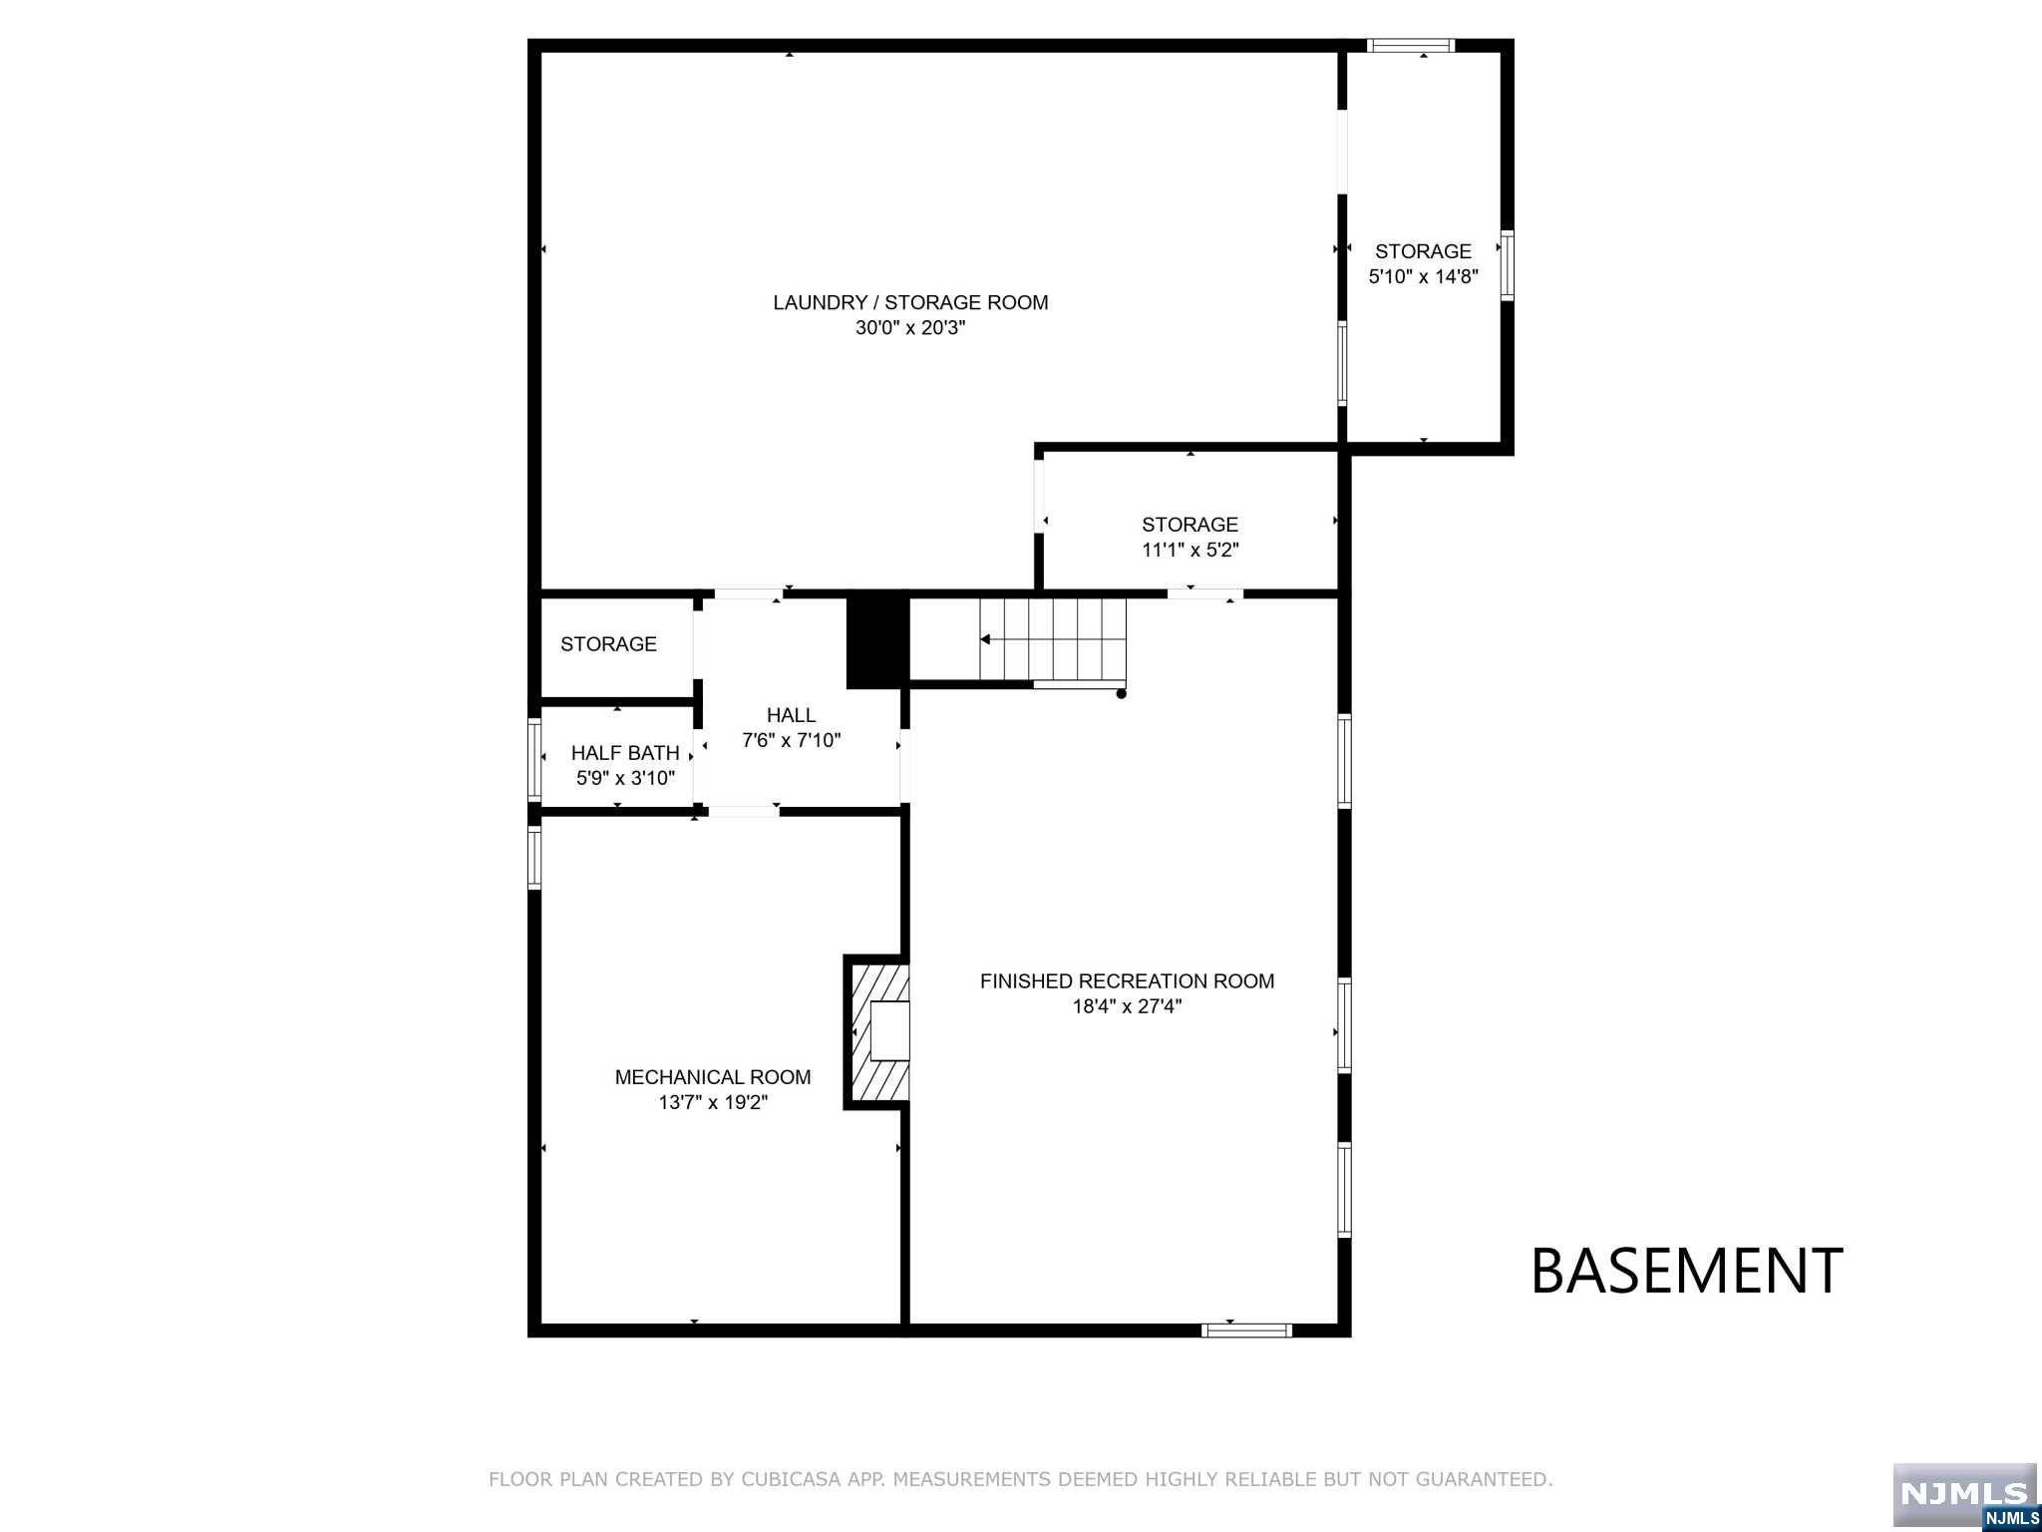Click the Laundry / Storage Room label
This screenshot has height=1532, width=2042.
(x=910, y=302)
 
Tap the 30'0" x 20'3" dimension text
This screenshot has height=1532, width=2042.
(x=910, y=327)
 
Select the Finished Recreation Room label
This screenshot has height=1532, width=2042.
(x=1127, y=981)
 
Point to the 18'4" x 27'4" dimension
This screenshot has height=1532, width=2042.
(x=1127, y=1006)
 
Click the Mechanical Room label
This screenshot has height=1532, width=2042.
(x=713, y=1077)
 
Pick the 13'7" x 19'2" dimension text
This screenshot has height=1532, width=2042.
(x=713, y=1102)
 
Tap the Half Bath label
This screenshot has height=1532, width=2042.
(x=625, y=753)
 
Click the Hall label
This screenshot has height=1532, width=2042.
(x=791, y=715)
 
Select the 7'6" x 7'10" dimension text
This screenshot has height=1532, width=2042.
(x=792, y=740)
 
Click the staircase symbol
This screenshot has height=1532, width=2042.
(x=1053, y=639)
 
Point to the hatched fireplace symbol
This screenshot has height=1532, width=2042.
(x=877, y=1031)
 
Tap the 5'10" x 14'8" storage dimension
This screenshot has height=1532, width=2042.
(x=1423, y=276)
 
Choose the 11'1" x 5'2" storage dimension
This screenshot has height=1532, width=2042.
(x=1191, y=550)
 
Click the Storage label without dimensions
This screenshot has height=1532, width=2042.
(x=608, y=644)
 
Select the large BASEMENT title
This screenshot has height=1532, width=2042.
(x=1686, y=1272)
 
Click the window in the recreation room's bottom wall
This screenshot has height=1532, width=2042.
(x=1246, y=1330)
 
